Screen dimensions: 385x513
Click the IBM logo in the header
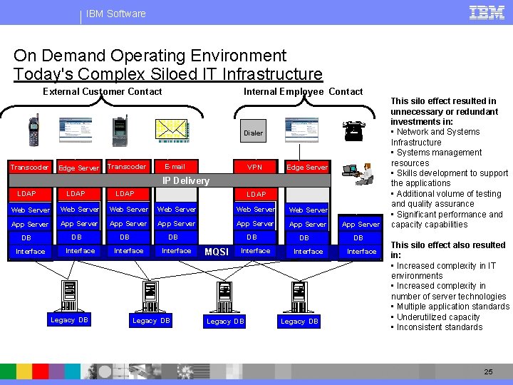pos(487,12)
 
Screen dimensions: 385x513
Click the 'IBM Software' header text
pos(115,14)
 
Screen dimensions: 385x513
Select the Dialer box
pos(253,133)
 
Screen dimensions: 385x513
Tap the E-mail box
pos(175,167)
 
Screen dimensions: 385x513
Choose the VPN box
pos(254,168)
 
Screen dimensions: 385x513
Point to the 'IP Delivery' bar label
pos(186,181)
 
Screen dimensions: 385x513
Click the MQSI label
pos(216,252)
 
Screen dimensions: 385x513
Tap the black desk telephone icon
pos(353,130)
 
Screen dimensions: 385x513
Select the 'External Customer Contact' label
pos(103,91)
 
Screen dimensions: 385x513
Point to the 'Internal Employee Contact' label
pos(303,91)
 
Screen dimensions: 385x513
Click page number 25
pos(488,372)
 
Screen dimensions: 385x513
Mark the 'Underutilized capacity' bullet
pos(438,317)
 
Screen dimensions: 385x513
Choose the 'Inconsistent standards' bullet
pos(440,327)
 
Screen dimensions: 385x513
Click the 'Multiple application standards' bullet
pos(452,307)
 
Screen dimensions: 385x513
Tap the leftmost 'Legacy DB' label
pos(69,320)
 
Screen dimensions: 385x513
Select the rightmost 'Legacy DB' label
pos(299,322)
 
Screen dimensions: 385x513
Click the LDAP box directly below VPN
pos(256,194)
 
